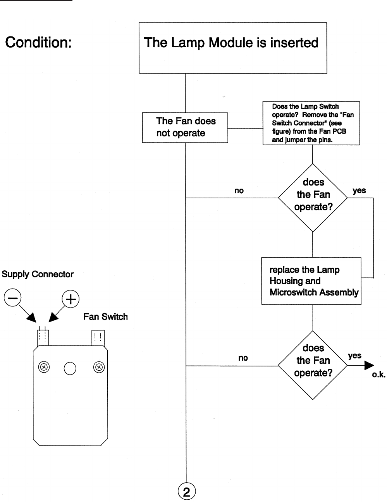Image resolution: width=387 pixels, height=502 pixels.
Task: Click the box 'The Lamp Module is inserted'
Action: tap(233, 48)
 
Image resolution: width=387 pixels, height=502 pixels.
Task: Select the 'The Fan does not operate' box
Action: tap(185, 127)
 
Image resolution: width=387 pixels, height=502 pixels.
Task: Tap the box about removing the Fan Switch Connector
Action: tap(311, 123)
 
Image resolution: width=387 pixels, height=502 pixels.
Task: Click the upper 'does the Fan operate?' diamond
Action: tap(313, 198)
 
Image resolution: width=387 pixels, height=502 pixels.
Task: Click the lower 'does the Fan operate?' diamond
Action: tap(313, 365)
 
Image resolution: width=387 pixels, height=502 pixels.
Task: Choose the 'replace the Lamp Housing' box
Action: tap(311, 281)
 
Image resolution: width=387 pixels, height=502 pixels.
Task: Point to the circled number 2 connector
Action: tap(186, 492)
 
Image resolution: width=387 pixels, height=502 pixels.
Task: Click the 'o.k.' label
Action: tap(378, 375)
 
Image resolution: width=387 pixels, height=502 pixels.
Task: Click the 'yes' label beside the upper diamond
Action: tap(359, 190)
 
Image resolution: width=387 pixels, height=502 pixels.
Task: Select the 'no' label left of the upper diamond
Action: tap(239, 191)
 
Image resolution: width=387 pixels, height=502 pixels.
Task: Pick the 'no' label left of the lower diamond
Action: tap(243, 358)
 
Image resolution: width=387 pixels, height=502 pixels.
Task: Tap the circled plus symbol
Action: tap(71, 299)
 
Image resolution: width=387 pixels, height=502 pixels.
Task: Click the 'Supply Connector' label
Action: tap(38, 274)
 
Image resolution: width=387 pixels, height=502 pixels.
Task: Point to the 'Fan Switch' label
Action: tap(105, 317)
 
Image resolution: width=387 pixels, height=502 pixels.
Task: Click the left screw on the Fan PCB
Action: tap(44, 367)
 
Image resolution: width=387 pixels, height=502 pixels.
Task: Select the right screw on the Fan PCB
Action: tap(99, 367)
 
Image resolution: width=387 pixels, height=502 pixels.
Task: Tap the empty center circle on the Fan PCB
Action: tap(70, 368)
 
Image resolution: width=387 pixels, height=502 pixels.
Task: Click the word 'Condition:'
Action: tap(38, 42)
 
